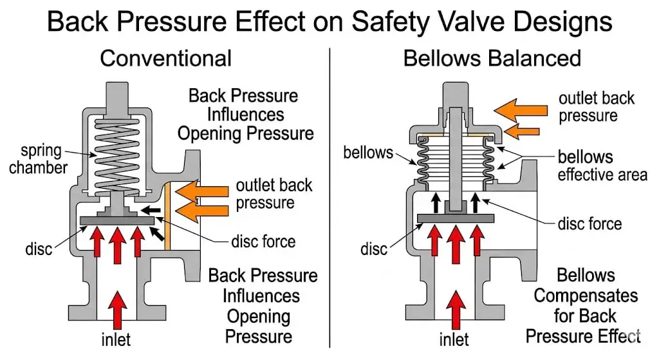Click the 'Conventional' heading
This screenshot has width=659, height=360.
(x=165, y=59)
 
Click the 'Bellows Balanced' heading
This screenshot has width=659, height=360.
(x=492, y=59)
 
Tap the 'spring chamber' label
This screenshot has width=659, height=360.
(x=39, y=159)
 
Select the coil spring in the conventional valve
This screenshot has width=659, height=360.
(x=117, y=156)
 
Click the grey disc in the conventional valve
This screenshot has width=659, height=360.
(x=117, y=220)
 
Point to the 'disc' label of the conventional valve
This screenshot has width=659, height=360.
(x=39, y=249)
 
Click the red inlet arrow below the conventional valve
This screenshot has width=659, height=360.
(x=117, y=310)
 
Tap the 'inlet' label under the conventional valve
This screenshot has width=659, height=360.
(x=116, y=340)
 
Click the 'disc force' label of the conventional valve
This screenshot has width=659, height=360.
(x=263, y=242)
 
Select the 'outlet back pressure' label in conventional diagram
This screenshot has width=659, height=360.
(x=274, y=194)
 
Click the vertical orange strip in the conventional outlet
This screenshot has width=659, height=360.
(x=167, y=216)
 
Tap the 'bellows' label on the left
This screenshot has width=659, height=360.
(x=368, y=152)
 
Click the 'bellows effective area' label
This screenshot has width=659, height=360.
(x=602, y=166)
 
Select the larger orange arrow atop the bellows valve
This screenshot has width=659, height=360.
(x=520, y=110)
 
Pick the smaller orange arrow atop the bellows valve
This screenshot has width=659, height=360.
(x=521, y=131)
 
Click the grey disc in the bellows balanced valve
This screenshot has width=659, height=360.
(x=456, y=218)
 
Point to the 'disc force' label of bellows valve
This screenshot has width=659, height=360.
(x=589, y=224)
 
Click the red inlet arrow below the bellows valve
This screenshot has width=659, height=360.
(x=456, y=310)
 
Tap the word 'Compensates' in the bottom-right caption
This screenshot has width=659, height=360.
(x=586, y=296)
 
